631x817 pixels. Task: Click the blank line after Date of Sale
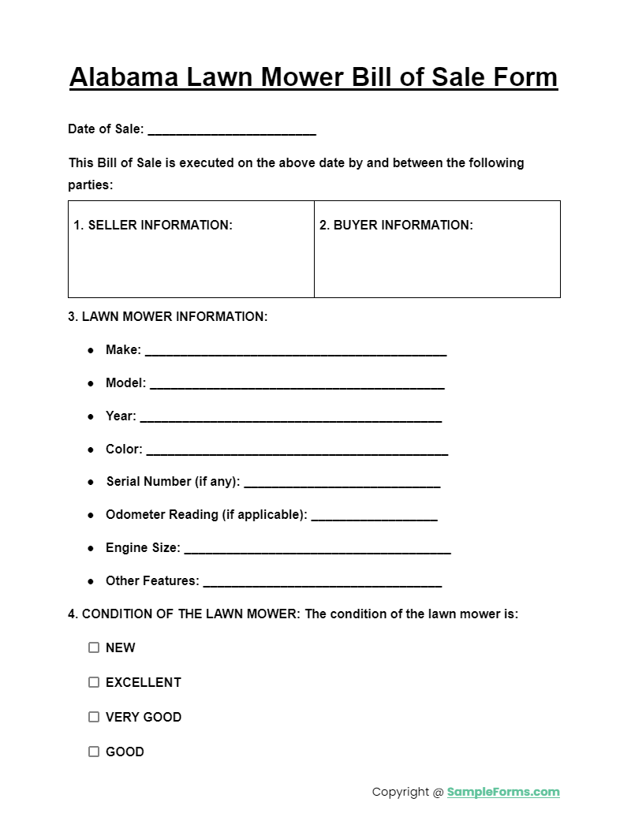click(232, 130)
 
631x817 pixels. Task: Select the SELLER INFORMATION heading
click(153, 226)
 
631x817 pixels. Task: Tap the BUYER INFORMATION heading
click(396, 226)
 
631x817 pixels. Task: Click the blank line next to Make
click(296, 352)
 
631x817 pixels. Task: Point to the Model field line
click(297, 385)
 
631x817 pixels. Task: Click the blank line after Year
click(290, 418)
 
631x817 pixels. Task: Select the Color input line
click(297, 451)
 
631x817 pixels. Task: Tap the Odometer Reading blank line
click(374, 517)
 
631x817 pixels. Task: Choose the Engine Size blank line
click(317, 550)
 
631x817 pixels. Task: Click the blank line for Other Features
click(322, 583)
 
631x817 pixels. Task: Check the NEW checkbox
click(94, 647)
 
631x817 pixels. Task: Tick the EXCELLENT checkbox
click(94, 682)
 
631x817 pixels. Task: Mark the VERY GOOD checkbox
click(94, 717)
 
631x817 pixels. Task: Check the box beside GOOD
click(94, 752)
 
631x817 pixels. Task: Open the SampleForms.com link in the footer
click(503, 792)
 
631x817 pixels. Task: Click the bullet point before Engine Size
click(91, 548)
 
